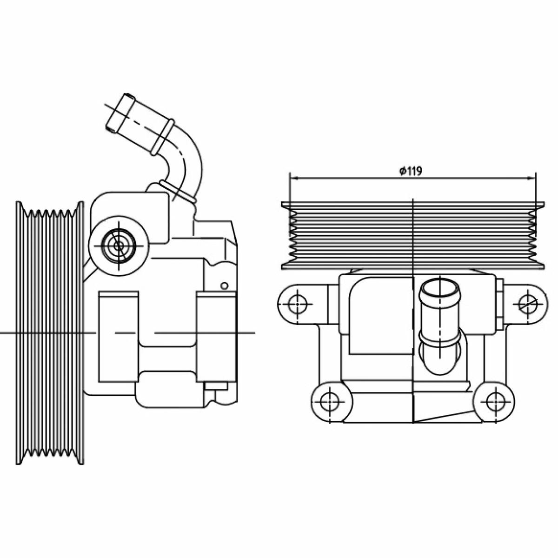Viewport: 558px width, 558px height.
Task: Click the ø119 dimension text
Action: (x=410, y=171)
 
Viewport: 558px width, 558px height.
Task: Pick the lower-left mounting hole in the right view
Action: (x=330, y=402)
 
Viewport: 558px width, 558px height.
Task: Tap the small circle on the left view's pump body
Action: (x=225, y=286)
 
